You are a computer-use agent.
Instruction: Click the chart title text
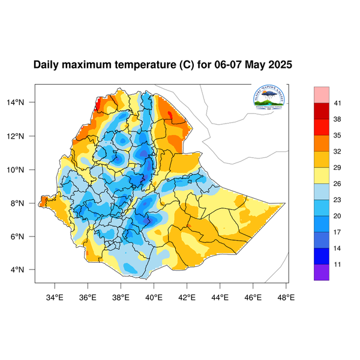point(163,65)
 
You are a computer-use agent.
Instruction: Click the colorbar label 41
point(338,104)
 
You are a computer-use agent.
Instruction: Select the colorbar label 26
point(338,184)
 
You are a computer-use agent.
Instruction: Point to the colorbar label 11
point(338,263)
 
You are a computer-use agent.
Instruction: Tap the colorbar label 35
point(338,136)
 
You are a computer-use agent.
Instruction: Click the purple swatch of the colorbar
point(322,272)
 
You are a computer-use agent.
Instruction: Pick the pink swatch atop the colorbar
point(322,95)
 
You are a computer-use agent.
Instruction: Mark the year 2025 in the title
point(279,65)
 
